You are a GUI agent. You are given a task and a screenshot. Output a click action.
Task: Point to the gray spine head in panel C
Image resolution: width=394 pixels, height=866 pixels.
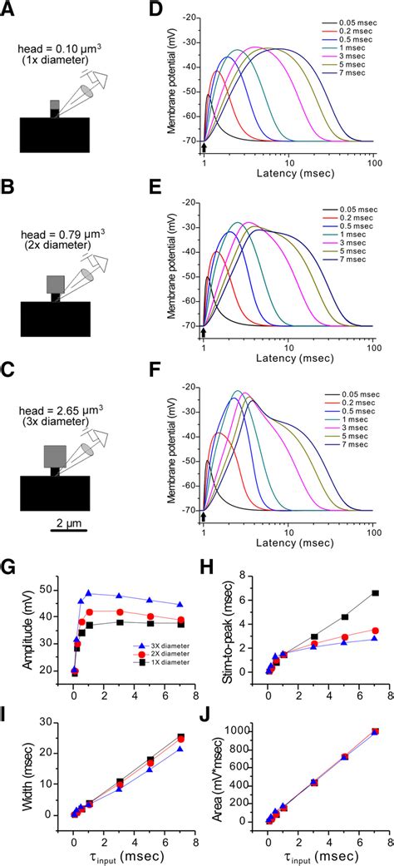tap(54, 455)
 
